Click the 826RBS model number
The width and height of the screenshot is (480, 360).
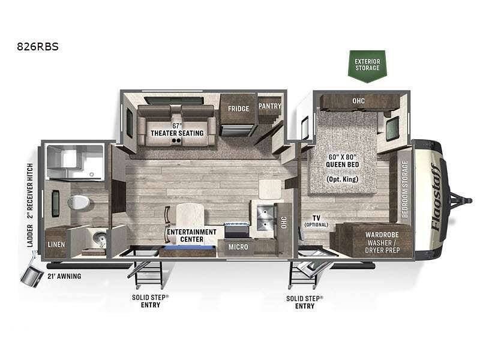38,47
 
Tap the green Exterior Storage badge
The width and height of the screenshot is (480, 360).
367,66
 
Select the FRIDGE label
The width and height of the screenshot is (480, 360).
238,109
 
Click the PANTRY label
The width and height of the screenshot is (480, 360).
269,106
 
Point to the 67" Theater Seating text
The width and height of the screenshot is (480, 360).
177,130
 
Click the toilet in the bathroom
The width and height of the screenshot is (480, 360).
79,202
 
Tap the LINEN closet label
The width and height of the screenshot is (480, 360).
56,245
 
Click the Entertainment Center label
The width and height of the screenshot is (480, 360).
191,236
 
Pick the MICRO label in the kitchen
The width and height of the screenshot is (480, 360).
238,247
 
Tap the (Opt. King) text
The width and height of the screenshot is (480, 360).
342,179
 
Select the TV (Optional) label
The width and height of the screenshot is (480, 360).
316,221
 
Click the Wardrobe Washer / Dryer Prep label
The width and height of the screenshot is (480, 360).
382,242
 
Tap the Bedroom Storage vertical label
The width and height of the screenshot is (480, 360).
404,189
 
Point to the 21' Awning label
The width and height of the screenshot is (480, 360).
64,276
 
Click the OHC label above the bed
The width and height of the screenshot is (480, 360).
358,101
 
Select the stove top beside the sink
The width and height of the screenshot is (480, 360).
236,230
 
